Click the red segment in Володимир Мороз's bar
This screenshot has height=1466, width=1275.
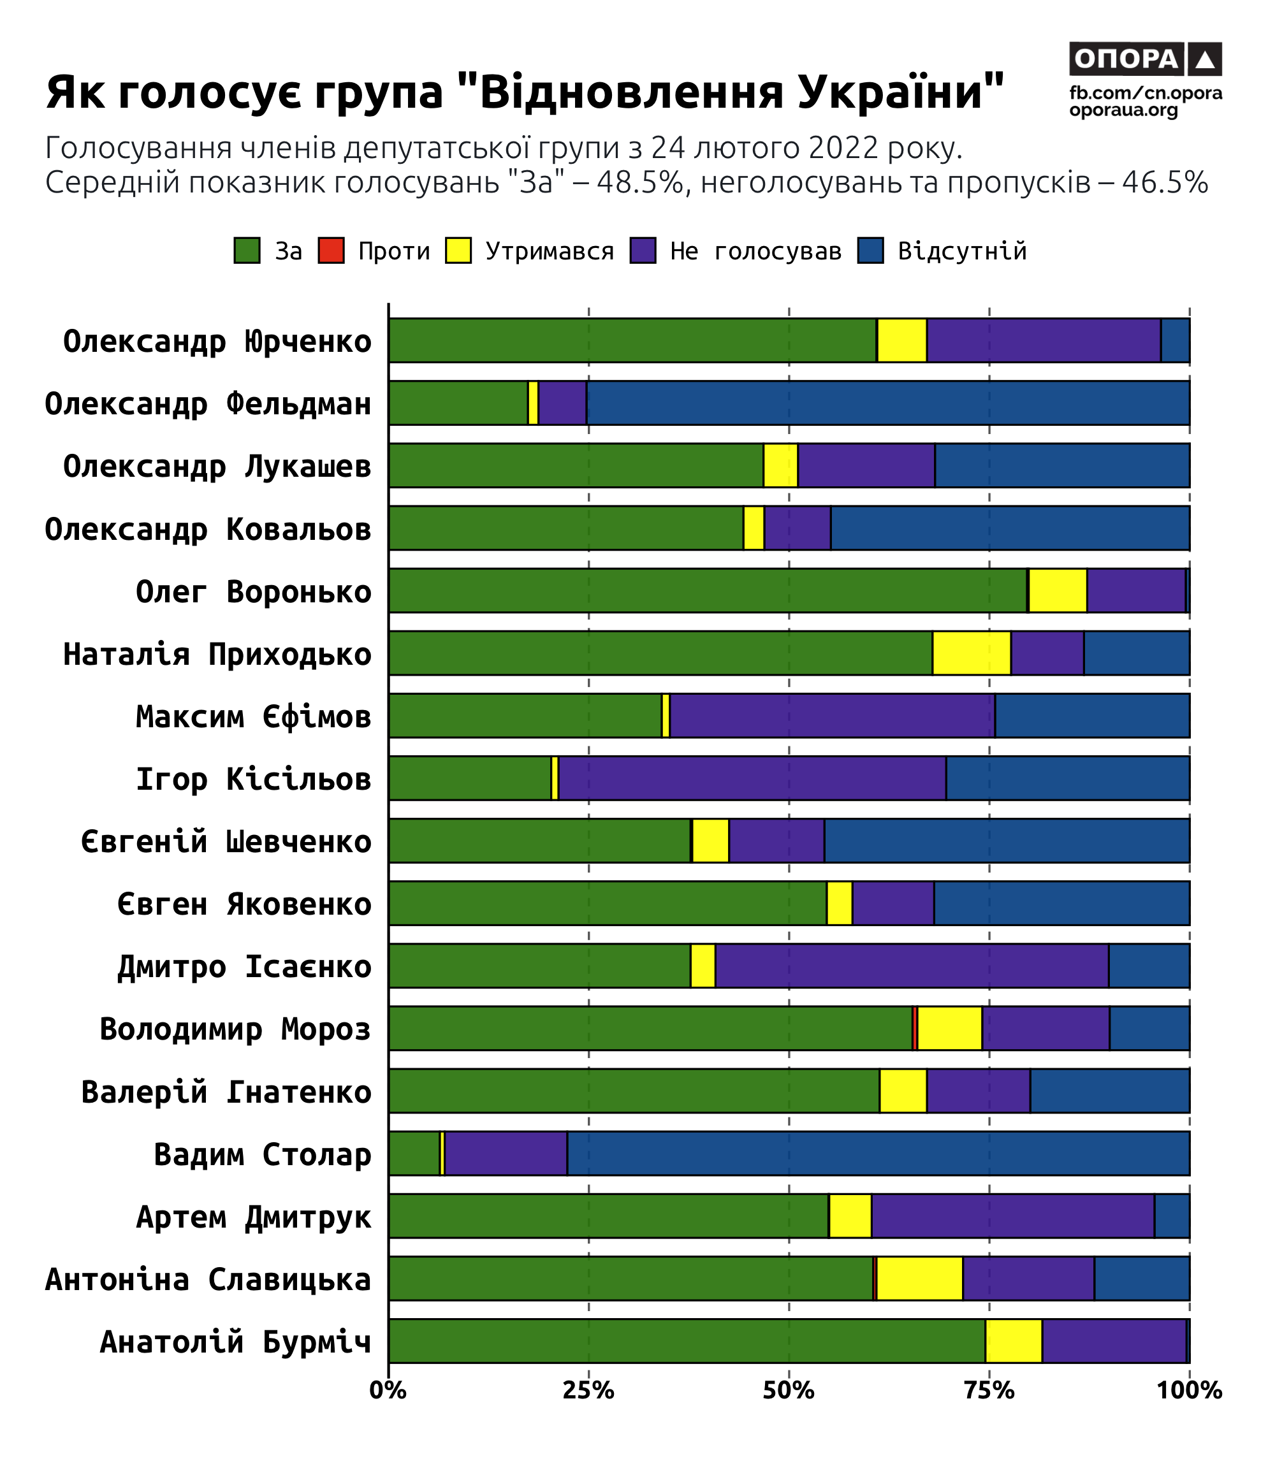click(915, 1028)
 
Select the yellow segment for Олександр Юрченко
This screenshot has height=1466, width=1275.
click(901, 340)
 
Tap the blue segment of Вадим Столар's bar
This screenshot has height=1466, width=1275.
click(878, 1153)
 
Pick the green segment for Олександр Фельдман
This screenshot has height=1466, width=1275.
click(458, 403)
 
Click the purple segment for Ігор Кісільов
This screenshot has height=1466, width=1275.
click(752, 778)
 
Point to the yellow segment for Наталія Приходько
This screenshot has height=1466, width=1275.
click(971, 653)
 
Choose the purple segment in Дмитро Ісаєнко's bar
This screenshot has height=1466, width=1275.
click(912, 965)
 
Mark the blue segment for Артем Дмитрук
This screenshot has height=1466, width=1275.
click(1171, 1216)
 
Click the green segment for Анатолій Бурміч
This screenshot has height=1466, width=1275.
click(687, 1341)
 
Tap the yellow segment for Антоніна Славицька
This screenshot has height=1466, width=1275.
click(919, 1278)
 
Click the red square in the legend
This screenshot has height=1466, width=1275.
click(331, 250)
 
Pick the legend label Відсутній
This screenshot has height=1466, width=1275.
click(962, 251)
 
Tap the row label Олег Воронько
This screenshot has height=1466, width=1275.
click(253, 591)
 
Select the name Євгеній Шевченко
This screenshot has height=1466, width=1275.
click(226, 841)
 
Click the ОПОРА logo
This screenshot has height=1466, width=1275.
click(1145, 59)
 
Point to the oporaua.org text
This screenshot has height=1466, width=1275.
click(1123, 110)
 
